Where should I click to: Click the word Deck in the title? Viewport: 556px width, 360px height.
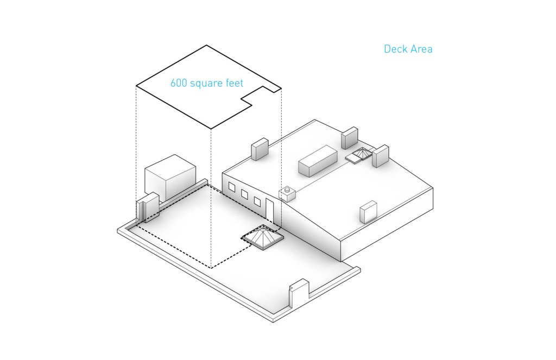click(395, 49)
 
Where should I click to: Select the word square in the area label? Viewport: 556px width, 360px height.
click(206, 84)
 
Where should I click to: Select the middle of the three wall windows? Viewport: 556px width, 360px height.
click(244, 194)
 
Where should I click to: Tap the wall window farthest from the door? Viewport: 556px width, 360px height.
click(232, 188)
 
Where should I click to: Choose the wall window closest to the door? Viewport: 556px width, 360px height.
click(257, 201)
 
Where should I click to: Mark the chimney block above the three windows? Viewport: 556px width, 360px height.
click(260, 149)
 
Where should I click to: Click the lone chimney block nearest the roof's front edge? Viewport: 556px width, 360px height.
click(369, 211)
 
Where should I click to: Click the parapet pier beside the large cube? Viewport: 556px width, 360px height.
click(147, 207)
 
